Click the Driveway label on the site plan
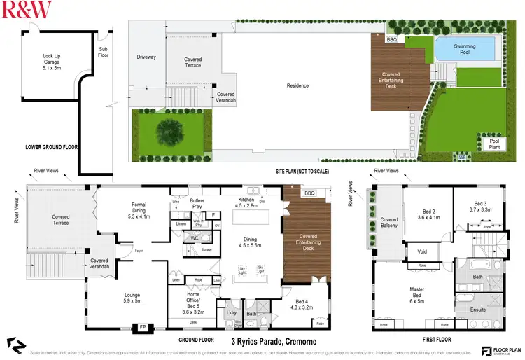(146, 57)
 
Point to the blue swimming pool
(465, 50)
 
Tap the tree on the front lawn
(169, 131)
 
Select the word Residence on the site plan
(297, 86)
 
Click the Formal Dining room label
(139, 209)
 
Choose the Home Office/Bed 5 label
(187, 303)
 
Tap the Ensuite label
(479, 308)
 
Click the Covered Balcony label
(388, 223)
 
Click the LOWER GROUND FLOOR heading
(51, 148)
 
